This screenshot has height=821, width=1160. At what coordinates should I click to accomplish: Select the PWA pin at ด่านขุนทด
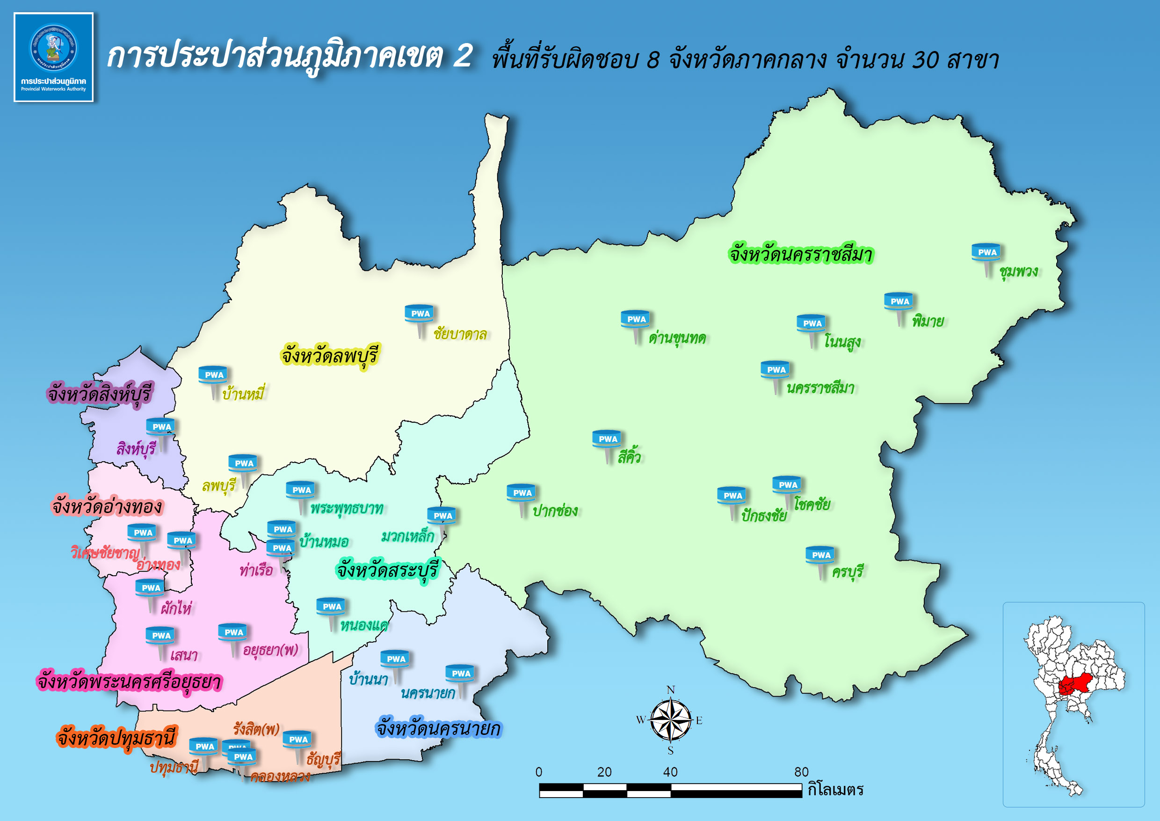pos(636,320)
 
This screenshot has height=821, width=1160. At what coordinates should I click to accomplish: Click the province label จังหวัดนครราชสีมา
pos(800,254)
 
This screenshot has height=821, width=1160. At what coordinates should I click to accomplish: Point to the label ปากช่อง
pos(555,511)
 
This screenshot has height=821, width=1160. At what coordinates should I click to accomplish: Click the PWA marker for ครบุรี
pos(820,555)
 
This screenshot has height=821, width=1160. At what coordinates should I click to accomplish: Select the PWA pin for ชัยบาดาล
pos(420,314)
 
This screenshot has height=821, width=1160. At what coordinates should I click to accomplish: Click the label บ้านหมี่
pos(243,394)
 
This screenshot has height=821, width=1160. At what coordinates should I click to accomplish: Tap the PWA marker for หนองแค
pos(332,607)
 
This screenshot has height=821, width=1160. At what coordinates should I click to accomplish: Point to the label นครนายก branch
pos(428,693)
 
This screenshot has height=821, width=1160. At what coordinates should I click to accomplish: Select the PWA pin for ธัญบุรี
pos(297,740)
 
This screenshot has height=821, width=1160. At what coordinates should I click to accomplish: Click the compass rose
pos(670,720)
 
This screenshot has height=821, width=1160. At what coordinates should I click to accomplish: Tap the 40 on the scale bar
pos(670,772)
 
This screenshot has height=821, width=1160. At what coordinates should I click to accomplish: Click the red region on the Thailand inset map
pos(1073,686)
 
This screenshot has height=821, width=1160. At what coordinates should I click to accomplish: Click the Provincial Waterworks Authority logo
pos(53,57)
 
